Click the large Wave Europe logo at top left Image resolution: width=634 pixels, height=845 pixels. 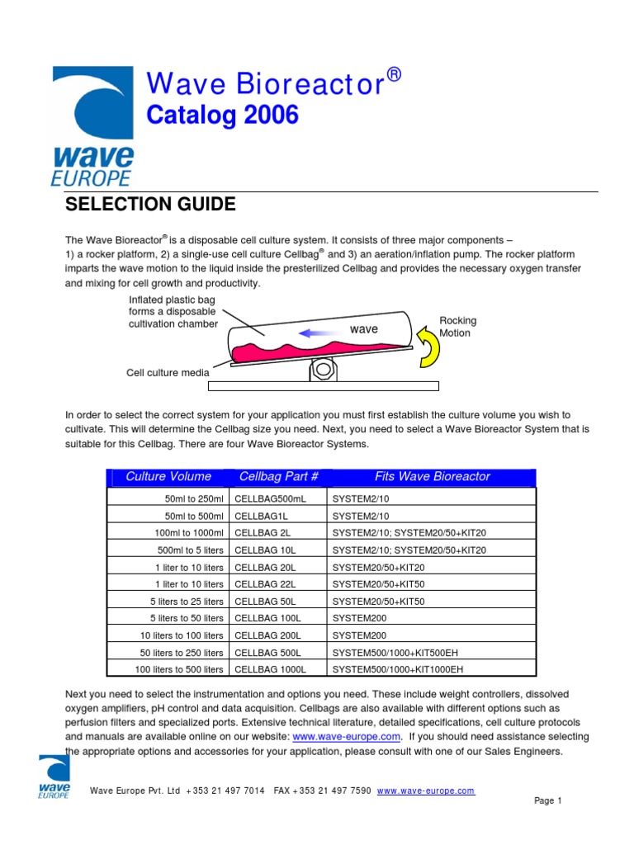(92, 125)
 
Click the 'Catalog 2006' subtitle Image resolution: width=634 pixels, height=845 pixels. (222, 116)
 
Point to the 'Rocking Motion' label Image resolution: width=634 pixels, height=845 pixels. (458, 327)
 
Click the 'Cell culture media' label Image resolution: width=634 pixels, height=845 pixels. (168, 372)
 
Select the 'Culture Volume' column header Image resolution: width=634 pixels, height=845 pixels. (168, 476)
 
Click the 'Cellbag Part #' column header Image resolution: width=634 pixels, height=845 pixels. (278, 476)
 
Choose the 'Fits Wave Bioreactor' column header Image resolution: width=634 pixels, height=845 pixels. (432, 476)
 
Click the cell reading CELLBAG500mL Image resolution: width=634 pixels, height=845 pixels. (270, 498)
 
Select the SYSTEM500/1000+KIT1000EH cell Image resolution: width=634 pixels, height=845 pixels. (397, 669)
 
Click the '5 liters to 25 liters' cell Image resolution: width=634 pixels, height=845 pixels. (187, 602)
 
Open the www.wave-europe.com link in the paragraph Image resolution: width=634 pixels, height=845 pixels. (347, 736)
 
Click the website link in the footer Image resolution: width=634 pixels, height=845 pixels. (426, 791)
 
